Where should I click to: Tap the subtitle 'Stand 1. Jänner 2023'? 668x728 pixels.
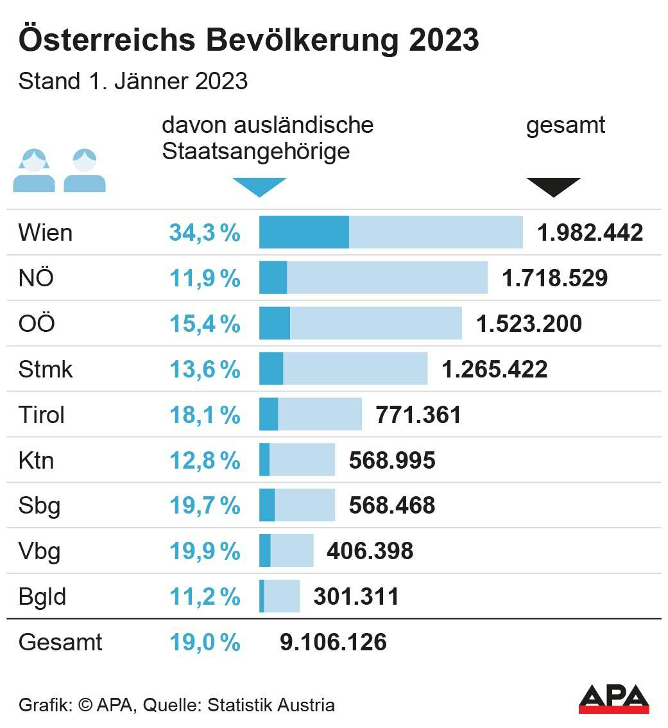pos(133,82)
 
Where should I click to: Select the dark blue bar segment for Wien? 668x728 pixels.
pos(304,232)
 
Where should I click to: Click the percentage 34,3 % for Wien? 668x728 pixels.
pos(205,232)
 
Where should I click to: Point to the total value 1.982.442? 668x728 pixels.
pos(590,232)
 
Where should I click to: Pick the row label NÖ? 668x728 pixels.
pos(37,278)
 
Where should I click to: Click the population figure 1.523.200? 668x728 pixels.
pos(529,324)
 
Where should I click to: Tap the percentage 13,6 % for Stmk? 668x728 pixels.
pos(205,369)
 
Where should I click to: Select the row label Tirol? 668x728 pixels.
pos(42,415)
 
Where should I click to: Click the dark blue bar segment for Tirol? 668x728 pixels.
pos(269,415)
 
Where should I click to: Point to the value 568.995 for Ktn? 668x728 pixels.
pos(392,460)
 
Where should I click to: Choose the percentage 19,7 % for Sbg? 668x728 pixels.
pos(205,506)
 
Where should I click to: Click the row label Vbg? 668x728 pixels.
pos(40,551)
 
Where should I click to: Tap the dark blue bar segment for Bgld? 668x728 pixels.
pos(262,596)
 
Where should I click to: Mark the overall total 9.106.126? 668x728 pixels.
pos(333,642)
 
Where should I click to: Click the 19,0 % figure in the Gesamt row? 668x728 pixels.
pos(205,642)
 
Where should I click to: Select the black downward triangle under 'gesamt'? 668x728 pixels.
pos(554,187)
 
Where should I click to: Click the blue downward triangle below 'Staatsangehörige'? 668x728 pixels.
pos(259,187)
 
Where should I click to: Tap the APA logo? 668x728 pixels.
pos(613,698)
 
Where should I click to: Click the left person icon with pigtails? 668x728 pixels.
pos(34,171)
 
